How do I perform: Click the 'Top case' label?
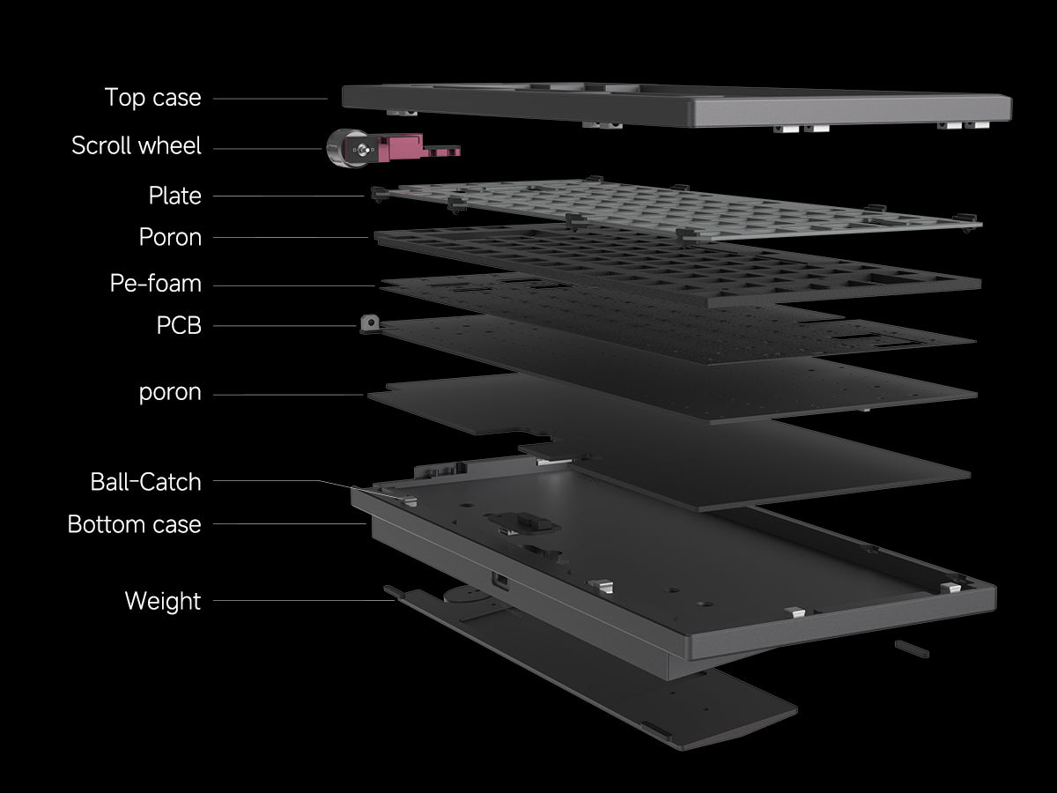pyautogui.click(x=152, y=98)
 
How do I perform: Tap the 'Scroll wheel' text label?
pyautogui.click(x=137, y=145)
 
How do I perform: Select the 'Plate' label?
pyautogui.click(x=174, y=196)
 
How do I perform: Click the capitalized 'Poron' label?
pyautogui.click(x=170, y=237)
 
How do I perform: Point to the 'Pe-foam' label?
pyautogui.click(x=155, y=284)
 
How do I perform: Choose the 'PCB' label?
pyautogui.click(x=179, y=326)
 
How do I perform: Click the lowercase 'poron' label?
pyautogui.click(x=170, y=393)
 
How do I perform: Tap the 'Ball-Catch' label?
pyautogui.click(x=145, y=482)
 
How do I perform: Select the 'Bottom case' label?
pyautogui.click(x=134, y=524)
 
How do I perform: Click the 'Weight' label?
pyautogui.click(x=163, y=601)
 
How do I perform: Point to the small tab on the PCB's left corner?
pyautogui.click(x=370, y=325)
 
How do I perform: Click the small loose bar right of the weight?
pyautogui.click(x=911, y=648)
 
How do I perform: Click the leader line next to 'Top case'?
pyautogui.click(x=270, y=99)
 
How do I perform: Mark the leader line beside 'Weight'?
pyautogui.click(x=299, y=601)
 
